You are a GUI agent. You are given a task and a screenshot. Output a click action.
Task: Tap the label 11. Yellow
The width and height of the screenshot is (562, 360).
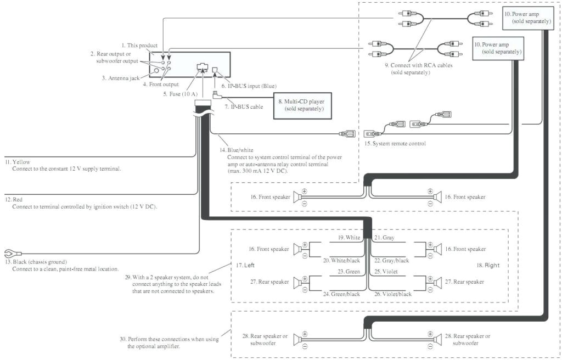pyautogui.click(x=18, y=162)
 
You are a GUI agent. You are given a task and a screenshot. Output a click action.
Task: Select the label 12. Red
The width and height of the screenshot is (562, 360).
pyautogui.click(x=15, y=199)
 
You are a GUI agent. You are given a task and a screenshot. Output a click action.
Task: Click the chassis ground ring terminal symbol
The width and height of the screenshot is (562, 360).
pyautogui.click(x=9, y=253)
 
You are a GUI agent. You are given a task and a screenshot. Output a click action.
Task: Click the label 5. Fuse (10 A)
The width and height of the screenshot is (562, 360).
pyautogui.click(x=181, y=94)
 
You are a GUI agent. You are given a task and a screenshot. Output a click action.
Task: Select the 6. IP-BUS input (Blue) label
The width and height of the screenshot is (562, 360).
pyautogui.click(x=249, y=86)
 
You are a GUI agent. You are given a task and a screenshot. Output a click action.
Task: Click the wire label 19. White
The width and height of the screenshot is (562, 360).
pyautogui.click(x=349, y=238)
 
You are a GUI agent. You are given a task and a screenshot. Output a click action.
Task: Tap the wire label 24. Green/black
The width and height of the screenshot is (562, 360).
pyautogui.click(x=341, y=294)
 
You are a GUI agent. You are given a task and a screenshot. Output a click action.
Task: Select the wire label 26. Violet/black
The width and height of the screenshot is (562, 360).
pyautogui.click(x=392, y=294)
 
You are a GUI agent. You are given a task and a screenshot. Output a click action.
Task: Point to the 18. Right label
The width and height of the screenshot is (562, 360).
pyautogui.click(x=488, y=266)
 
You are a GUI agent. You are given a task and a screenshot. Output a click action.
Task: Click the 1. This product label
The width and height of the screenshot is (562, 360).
pyautogui.click(x=139, y=45)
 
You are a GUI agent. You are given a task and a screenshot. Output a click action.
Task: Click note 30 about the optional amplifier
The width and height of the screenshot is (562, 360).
pyautogui.click(x=173, y=342)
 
